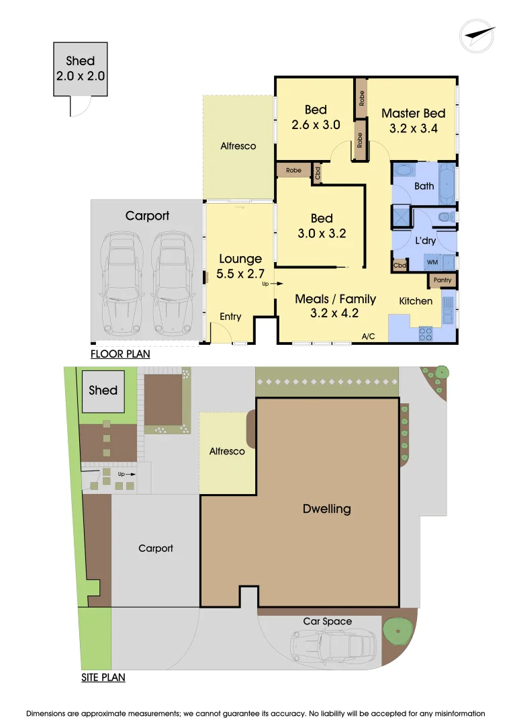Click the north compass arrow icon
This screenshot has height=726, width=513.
477,34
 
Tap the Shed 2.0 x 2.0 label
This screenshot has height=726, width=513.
81,69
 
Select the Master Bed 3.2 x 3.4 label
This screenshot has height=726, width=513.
413,120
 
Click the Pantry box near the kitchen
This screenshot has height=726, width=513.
442,280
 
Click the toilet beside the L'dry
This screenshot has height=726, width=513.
445,217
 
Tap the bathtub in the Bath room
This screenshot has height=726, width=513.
447,186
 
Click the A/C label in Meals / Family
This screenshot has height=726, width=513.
368,336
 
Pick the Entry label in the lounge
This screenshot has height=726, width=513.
230,317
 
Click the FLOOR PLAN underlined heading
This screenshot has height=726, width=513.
120,354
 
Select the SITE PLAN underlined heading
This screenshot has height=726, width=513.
103,678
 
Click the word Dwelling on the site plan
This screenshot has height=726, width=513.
326,509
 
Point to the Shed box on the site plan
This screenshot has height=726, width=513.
103,391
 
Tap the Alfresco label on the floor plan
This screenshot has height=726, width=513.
238,146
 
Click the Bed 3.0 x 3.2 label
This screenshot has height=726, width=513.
322,226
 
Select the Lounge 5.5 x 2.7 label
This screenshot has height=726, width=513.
240,266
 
